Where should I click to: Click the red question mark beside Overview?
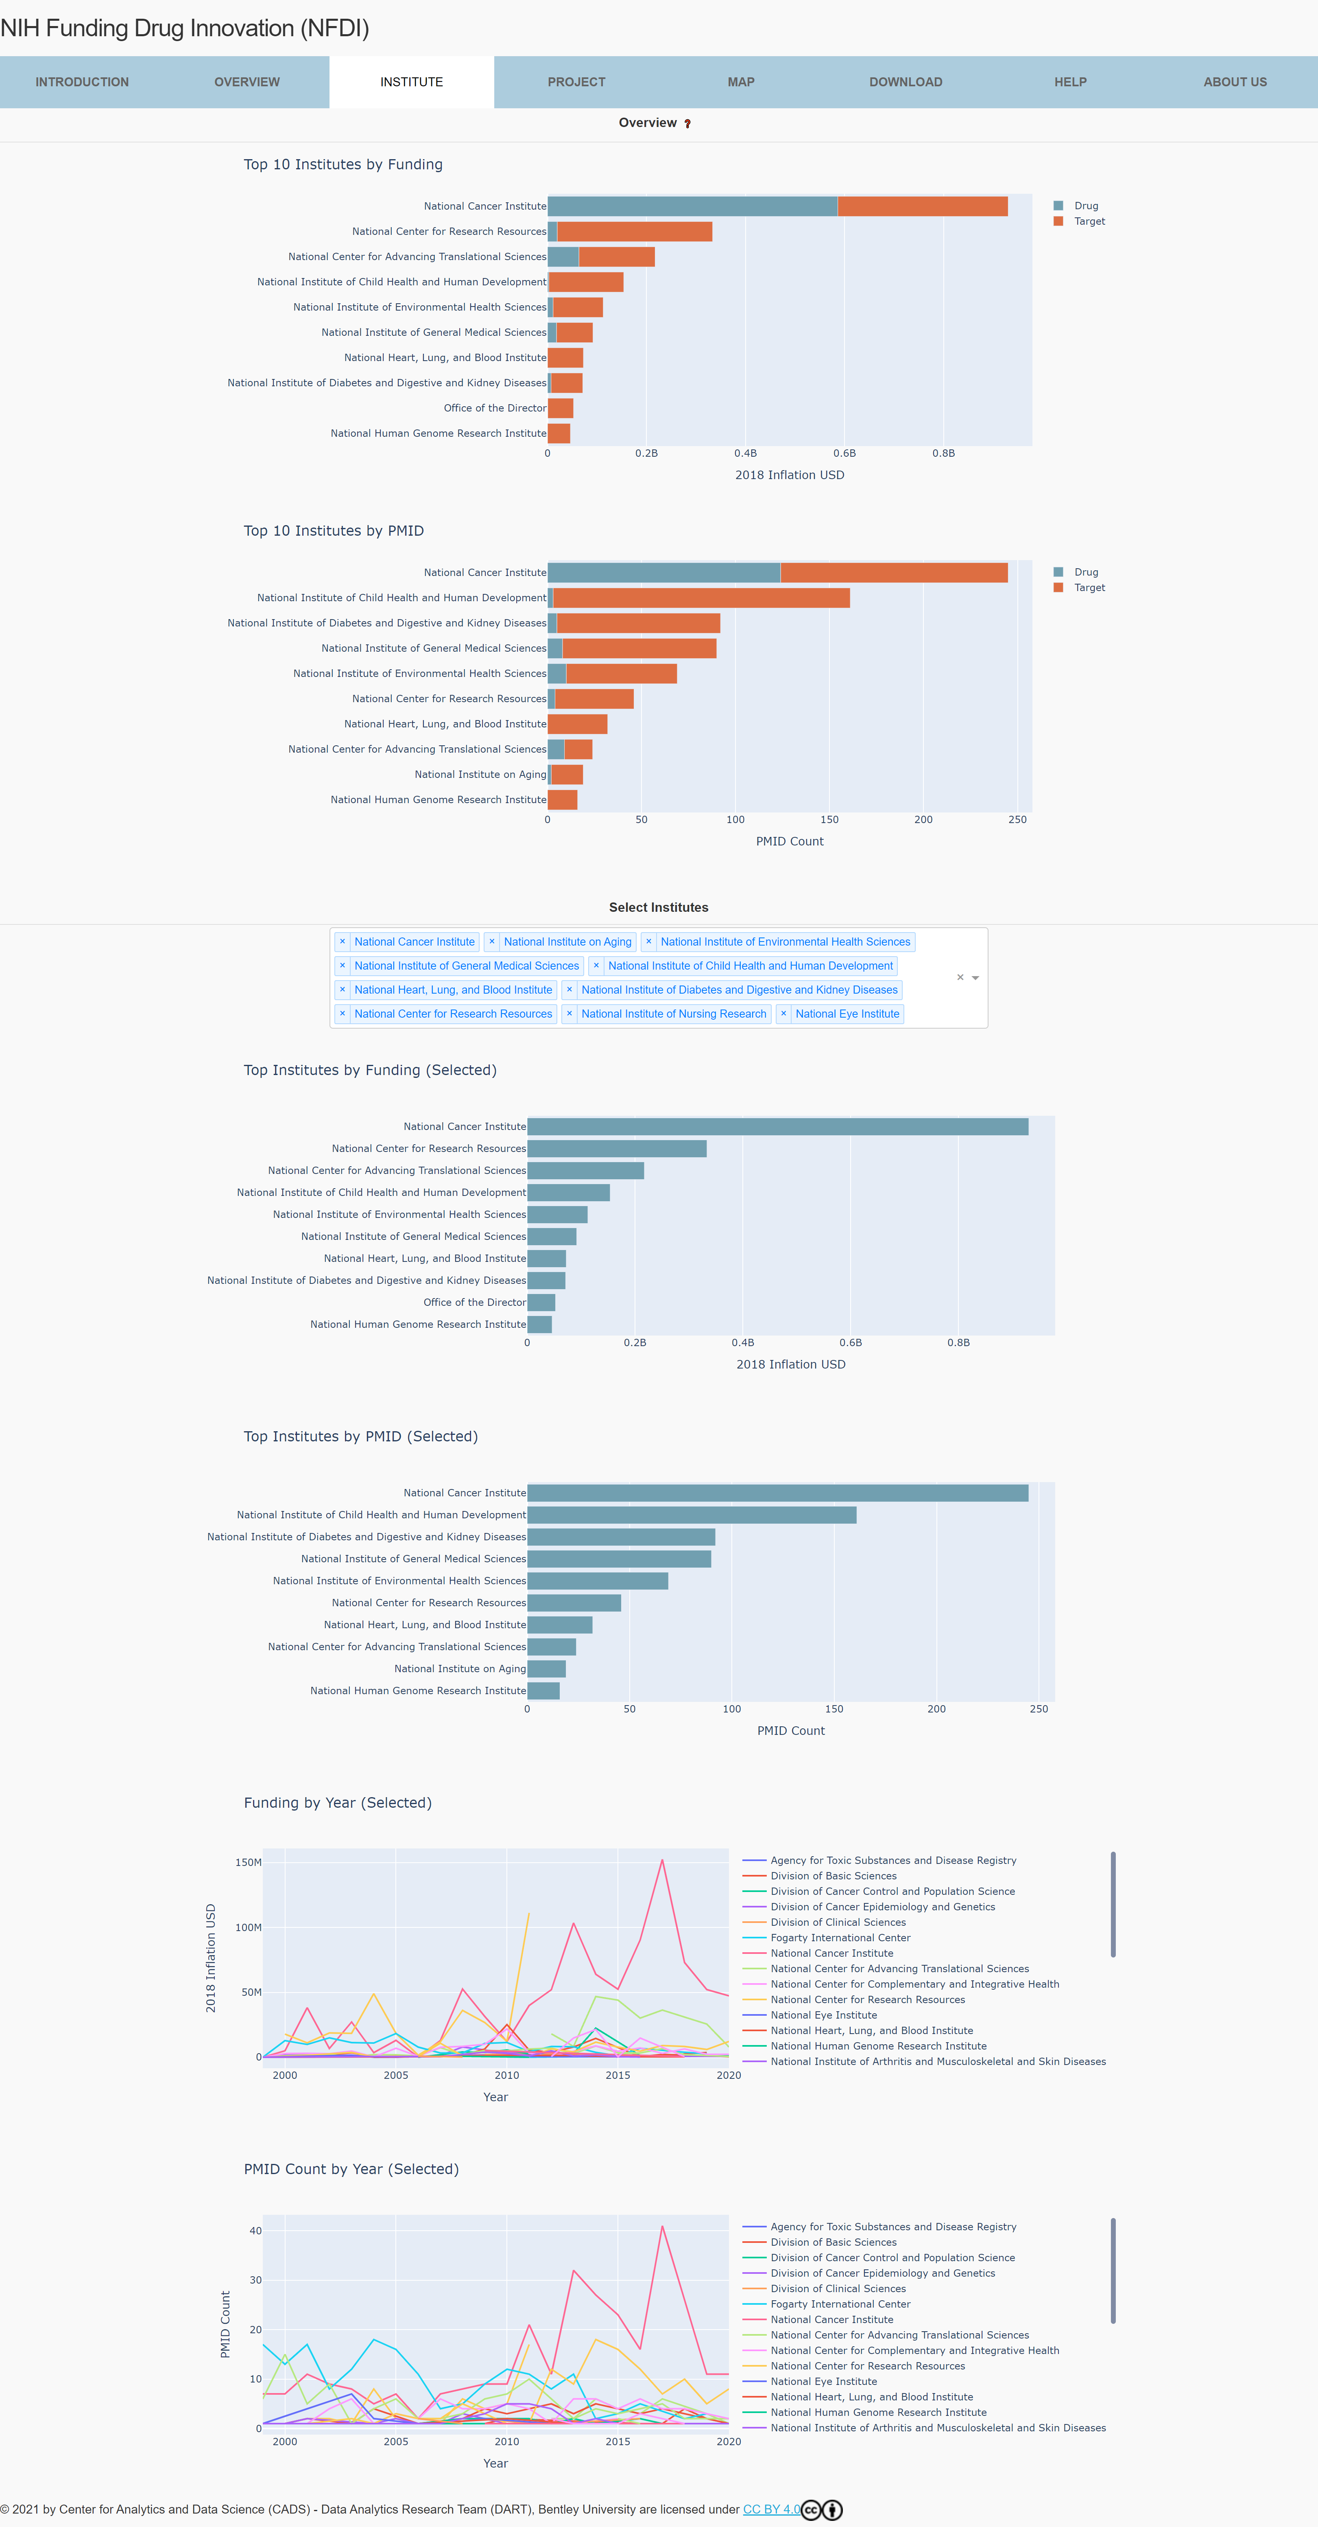[x=687, y=124]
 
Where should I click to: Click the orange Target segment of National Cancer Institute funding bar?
[x=922, y=206]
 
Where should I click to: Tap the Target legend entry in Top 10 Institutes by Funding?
[x=1089, y=222]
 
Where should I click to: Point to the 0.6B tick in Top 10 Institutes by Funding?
[x=844, y=453]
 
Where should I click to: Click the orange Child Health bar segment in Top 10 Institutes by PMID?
[x=701, y=598]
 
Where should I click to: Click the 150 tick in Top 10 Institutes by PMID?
[x=829, y=819]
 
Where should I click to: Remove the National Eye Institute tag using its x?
[x=783, y=1013]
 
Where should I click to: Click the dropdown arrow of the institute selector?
[x=976, y=978]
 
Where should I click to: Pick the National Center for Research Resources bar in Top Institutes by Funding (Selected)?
[x=616, y=1149]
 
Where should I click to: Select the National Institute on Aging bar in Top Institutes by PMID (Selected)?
[x=546, y=1669]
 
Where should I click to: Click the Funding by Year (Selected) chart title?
[x=337, y=1803]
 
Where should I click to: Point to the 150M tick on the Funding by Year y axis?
[x=248, y=1862]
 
